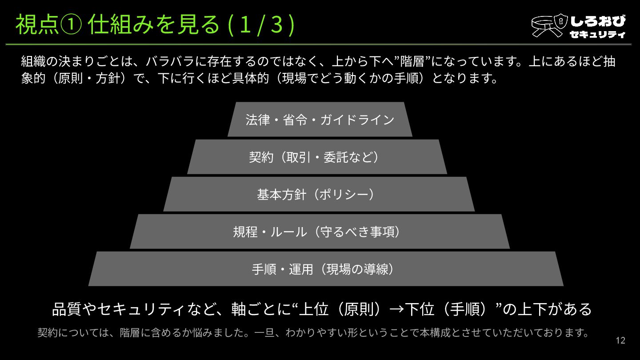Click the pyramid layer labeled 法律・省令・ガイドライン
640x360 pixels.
[x=320, y=120]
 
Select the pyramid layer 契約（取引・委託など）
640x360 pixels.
[x=317, y=157]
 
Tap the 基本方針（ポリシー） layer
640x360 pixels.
[x=319, y=194]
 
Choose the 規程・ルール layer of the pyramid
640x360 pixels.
[x=320, y=232]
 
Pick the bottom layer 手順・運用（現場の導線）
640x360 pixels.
[x=325, y=269]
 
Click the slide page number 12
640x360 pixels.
[x=620, y=340]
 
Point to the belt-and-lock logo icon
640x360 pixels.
[x=549, y=26]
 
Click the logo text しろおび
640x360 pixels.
[x=598, y=21]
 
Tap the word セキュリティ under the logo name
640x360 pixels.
[x=597, y=34]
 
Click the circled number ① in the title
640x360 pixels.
[x=71, y=25]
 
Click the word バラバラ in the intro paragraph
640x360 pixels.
[x=171, y=61]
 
